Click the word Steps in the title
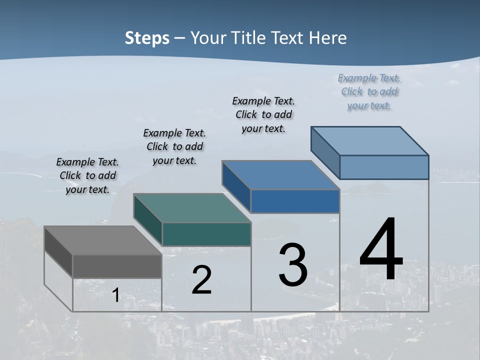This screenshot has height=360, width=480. pyautogui.click(x=146, y=38)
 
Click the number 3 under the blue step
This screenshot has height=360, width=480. pyautogui.click(x=293, y=265)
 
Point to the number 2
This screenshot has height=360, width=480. pyautogui.click(x=201, y=280)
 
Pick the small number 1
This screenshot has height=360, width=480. pyautogui.click(x=115, y=295)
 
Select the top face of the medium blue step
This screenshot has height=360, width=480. pyautogui.click(x=280, y=175)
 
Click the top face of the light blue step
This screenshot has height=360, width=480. pyautogui.click(x=369, y=141)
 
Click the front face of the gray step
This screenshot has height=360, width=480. pyautogui.click(x=117, y=266)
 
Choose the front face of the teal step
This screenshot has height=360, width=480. pyautogui.click(x=206, y=234)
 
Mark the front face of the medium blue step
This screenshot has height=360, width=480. pyautogui.click(x=295, y=201)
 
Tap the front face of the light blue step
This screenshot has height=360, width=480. pyautogui.click(x=384, y=167)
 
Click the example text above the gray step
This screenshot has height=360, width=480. pyautogui.click(x=87, y=175)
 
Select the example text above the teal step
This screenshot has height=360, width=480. pyautogui.click(x=174, y=146)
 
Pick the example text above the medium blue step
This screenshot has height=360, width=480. pyautogui.click(x=263, y=114)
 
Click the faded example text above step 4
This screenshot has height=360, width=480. pyautogui.click(x=369, y=91)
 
